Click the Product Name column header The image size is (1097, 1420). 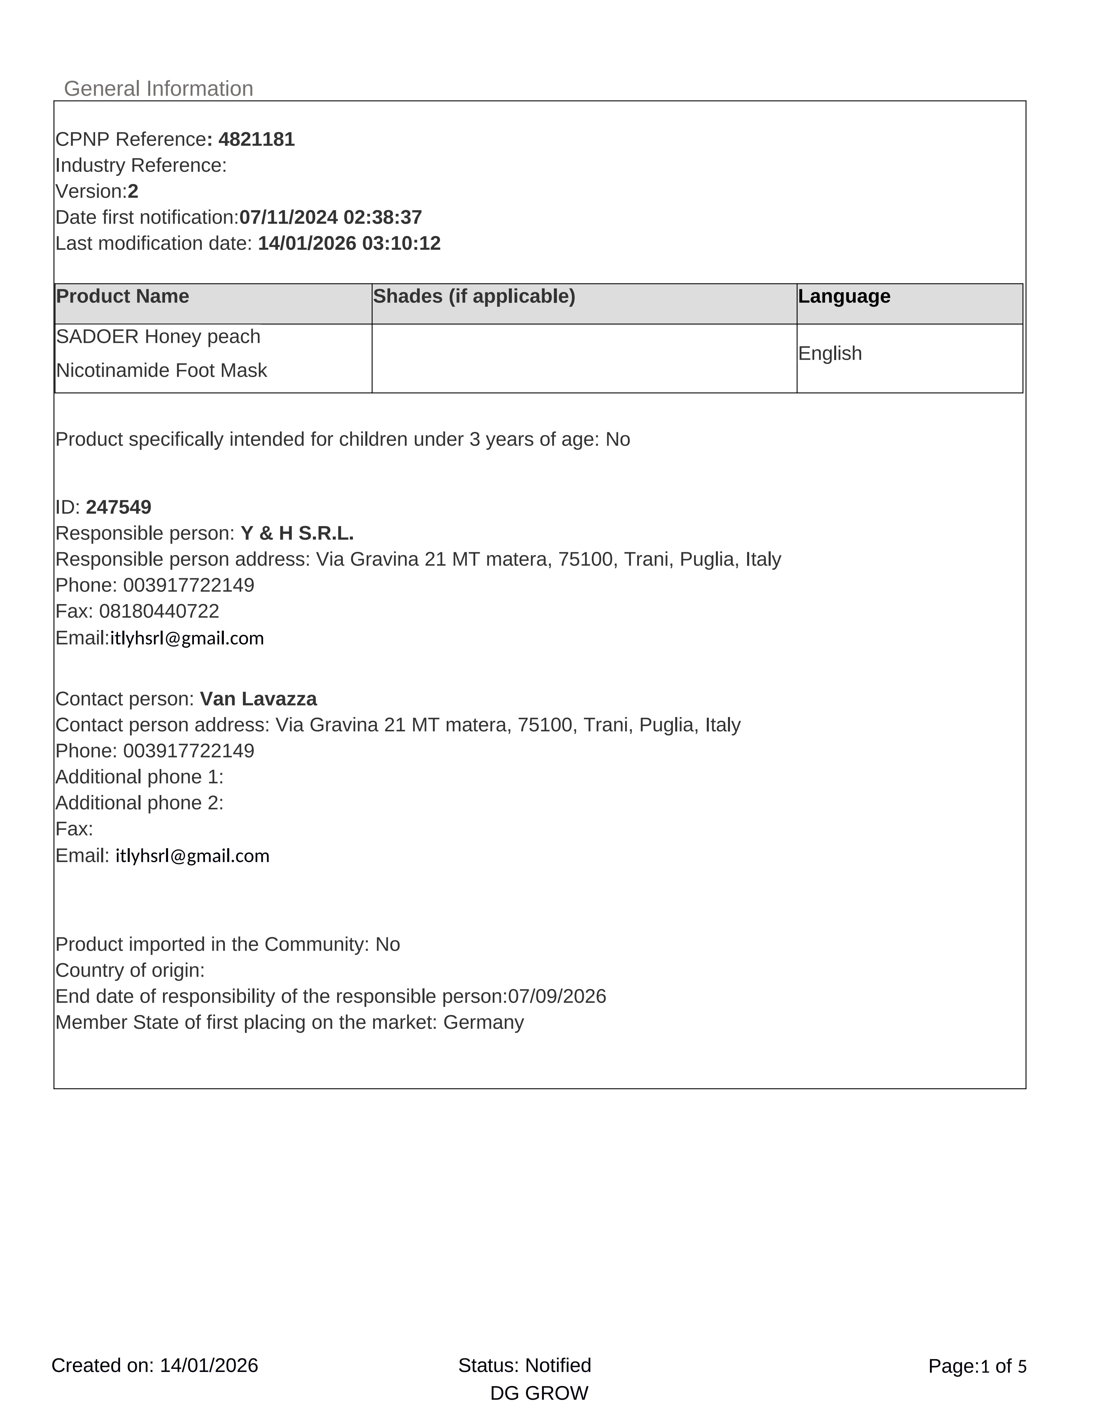pos(123,297)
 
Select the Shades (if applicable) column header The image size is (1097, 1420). pos(474,297)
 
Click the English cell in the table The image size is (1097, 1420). pos(830,353)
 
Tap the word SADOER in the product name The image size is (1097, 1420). pos(97,337)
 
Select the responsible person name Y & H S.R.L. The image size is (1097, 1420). pos(297,533)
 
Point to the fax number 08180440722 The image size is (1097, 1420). pos(159,611)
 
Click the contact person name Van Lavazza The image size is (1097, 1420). pos(258,699)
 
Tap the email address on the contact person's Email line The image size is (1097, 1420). pos(192,856)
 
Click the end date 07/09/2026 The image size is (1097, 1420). pos(557,996)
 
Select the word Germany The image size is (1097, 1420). pos(484,1022)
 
